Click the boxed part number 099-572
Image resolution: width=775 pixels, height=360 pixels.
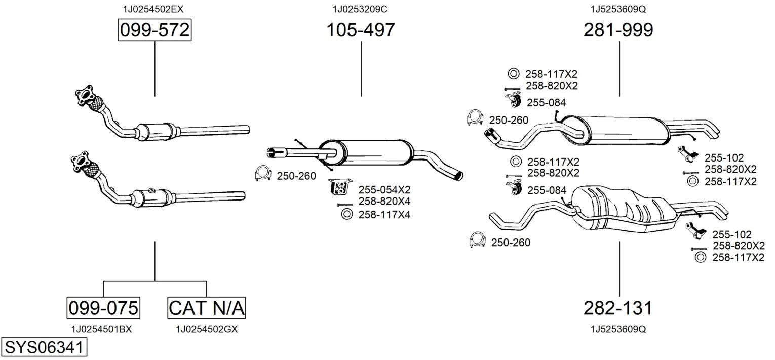click(x=154, y=30)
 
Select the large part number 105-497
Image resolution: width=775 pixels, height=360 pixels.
click(x=360, y=30)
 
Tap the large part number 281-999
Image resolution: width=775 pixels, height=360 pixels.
click(x=618, y=30)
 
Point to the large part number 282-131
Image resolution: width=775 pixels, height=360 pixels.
click(x=618, y=307)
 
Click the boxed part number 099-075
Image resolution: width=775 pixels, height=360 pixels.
click(x=103, y=307)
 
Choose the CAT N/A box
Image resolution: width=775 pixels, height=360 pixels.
click(x=206, y=307)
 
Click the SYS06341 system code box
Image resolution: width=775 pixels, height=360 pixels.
click(x=44, y=348)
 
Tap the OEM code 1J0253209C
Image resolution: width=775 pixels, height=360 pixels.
click(x=360, y=9)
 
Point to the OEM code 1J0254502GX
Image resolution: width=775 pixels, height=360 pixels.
click(x=207, y=329)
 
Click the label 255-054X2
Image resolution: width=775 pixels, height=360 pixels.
click(x=384, y=190)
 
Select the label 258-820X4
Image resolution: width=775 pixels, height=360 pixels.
click(x=384, y=202)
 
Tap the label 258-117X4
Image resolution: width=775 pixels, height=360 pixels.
click(x=384, y=215)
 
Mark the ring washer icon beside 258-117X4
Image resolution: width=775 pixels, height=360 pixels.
click(x=347, y=214)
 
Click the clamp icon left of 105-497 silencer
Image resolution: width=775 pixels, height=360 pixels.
click(x=263, y=174)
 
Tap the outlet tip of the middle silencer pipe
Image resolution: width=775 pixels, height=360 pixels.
click(x=458, y=176)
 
